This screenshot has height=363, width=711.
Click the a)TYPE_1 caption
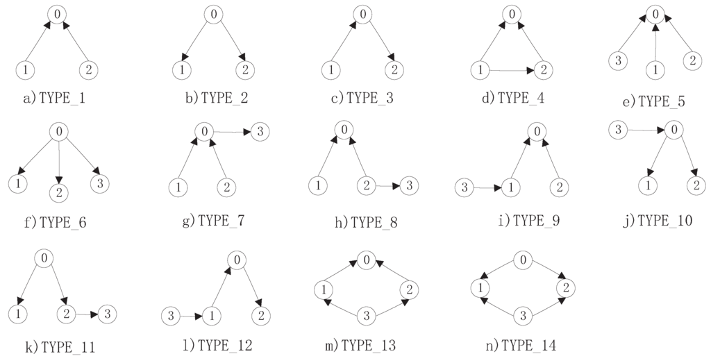point(54,99)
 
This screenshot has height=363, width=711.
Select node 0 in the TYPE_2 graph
point(213,15)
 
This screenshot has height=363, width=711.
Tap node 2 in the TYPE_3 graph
point(394,70)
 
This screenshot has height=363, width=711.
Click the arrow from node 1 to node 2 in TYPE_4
point(510,69)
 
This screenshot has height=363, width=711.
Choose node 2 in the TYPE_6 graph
point(59,192)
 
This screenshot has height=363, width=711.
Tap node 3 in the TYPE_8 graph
point(410,185)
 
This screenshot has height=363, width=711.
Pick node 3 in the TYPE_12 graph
point(170,316)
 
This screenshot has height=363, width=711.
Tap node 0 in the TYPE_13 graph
point(365,261)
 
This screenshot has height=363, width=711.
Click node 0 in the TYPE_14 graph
point(524,261)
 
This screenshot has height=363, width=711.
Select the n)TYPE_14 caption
point(521,344)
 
